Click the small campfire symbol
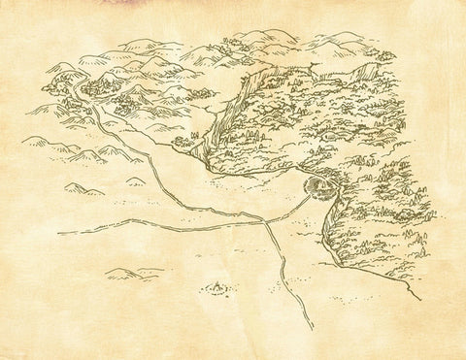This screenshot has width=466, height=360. tap(216, 286)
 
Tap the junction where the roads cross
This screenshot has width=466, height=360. tap(266, 221)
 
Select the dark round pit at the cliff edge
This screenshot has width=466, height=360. tap(316, 184)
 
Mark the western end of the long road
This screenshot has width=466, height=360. tap(60, 233)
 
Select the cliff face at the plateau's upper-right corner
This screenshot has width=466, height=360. tap(367, 71)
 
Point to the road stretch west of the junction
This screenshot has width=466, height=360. tap(165, 226)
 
